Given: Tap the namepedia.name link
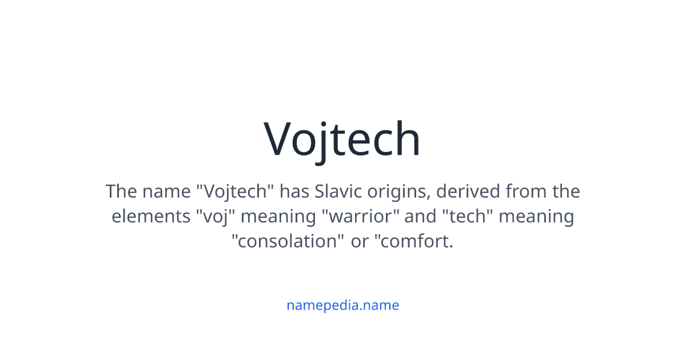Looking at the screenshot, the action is [x=342, y=306].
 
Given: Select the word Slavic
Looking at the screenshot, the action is [x=338, y=191].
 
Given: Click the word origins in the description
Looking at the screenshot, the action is [x=399, y=193].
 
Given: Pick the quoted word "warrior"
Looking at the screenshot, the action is [x=361, y=216].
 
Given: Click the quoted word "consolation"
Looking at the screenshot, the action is [x=288, y=241].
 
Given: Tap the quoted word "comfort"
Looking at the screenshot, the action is [x=414, y=241].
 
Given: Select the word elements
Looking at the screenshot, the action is [x=151, y=216].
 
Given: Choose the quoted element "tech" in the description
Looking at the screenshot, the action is [x=468, y=216].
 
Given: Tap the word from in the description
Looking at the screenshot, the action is [x=526, y=191].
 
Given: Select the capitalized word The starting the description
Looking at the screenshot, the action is [x=121, y=191].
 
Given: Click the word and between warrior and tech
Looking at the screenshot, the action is [x=421, y=216].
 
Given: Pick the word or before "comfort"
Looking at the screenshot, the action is [x=360, y=242].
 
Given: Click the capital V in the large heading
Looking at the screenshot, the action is [x=277, y=139].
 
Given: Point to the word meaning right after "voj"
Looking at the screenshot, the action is [x=278, y=217].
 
